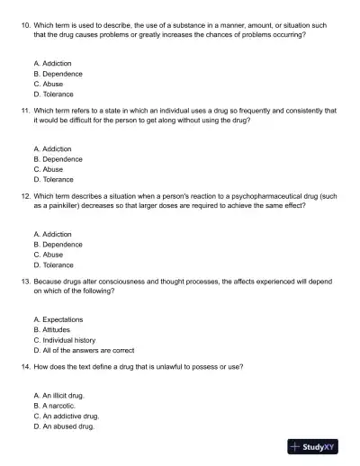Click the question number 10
24,24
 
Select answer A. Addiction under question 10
52,64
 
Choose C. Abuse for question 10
48,84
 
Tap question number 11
24,110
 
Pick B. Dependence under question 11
57,159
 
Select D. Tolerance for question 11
53,179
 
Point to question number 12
24,195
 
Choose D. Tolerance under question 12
53,264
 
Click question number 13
24,281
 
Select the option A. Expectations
58,320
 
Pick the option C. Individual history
64,340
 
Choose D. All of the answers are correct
83,350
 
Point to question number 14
24,367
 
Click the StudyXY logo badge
318,446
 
